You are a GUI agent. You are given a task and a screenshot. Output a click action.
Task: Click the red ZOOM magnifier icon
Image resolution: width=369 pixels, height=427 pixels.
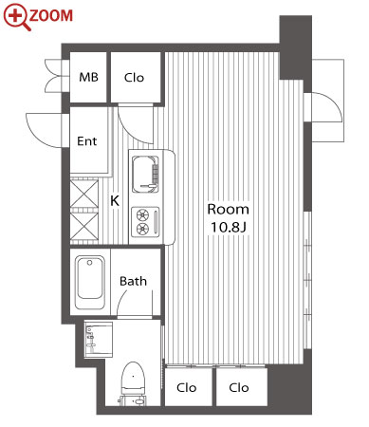click(16, 16)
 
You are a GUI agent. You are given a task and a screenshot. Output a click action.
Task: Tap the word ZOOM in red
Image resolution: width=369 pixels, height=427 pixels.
click(51, 15)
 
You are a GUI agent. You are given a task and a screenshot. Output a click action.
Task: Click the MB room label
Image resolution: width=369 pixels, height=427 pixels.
click(88, 77)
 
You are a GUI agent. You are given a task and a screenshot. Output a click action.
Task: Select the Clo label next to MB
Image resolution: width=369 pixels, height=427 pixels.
click(134, 78)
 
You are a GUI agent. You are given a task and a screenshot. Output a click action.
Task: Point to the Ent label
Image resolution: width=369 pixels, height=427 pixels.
click(87, 141)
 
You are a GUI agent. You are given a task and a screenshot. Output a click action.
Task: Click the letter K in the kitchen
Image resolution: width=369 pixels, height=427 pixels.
click(115, 200)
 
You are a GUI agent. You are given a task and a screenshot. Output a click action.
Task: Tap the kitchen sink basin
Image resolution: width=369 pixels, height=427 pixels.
click(145, 174)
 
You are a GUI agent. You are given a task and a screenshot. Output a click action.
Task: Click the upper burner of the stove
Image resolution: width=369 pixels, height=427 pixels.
click(142, 215)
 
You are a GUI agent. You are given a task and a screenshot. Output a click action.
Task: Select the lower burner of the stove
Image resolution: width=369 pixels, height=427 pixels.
click(142, 228)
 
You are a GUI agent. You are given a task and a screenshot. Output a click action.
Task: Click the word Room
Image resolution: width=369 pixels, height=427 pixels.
click(228, 209)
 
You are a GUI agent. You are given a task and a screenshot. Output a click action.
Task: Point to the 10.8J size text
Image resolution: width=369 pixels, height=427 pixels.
click(229, 227)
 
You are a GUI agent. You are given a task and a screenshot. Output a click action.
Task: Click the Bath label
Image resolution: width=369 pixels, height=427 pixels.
click(133, 281)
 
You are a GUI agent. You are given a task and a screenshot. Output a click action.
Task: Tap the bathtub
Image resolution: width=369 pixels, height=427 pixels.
click(90, 283)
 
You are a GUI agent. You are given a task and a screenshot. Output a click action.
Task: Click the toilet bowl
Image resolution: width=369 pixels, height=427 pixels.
click(133, 379)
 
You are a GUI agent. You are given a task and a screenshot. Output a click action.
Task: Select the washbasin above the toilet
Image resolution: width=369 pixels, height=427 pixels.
click(99, 340)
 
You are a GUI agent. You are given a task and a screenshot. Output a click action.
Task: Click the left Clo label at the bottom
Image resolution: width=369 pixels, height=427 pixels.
click(187, 387)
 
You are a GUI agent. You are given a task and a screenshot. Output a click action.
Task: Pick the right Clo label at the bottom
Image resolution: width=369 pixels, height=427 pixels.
click(239, 387)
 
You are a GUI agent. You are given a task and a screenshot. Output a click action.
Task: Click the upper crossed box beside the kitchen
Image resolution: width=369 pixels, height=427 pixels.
click(83, 194)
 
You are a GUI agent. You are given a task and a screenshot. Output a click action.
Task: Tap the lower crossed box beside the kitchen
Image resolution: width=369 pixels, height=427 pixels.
click(83, 227)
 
